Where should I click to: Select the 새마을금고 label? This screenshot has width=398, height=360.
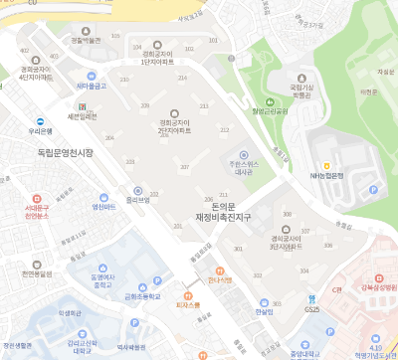click(92, 87)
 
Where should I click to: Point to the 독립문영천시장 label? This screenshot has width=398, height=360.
click(58, 151)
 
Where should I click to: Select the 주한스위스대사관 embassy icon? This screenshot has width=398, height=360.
click(235, 157)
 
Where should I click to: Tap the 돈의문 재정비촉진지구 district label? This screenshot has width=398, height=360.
click(221, 211)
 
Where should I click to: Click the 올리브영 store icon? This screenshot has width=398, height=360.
click(137, 188)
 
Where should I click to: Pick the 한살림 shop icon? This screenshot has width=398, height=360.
click(263, 302)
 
